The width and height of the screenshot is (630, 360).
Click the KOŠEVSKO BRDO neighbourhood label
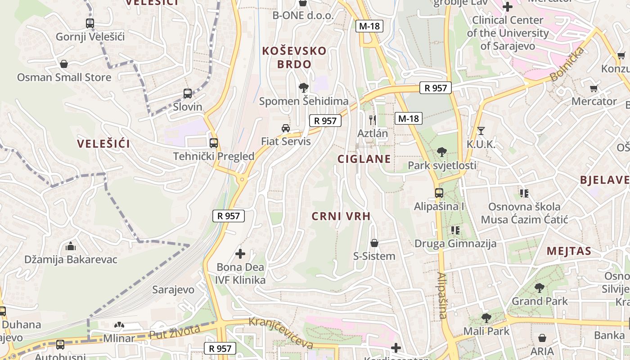(x=294, y=57)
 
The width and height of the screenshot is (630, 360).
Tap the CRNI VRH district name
(x=341, y=216)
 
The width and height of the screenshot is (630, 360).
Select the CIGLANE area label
(x=364, y=159)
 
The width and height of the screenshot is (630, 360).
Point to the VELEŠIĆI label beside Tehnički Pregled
(x=103, y=144)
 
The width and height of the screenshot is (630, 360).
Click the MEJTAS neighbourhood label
(x=569, y=251)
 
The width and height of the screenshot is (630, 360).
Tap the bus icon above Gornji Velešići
(x=90, y=23)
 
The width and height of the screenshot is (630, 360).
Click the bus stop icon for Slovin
(x=188, y=94)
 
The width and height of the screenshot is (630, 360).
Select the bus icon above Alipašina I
(x=439, y=193)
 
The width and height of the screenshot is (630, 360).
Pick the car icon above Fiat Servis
(x=286, y=128)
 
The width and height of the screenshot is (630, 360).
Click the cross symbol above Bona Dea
(x=240, y=254)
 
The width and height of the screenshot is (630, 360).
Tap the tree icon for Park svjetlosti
(x=442, y=152)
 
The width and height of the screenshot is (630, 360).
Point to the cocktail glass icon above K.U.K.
(x=481, y=131)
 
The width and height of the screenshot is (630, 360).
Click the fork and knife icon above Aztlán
(x=372, y=120)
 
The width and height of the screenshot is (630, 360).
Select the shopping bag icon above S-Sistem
(x=374, y=243)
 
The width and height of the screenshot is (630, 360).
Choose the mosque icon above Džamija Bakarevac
(x=71, y=246)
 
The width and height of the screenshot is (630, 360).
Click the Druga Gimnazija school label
(x=455, y=244)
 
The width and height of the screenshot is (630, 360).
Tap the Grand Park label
(x=540, y=301)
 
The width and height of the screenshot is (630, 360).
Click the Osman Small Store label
(x=64, y=77)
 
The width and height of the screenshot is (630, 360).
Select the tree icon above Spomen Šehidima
(x=304, y=88)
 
